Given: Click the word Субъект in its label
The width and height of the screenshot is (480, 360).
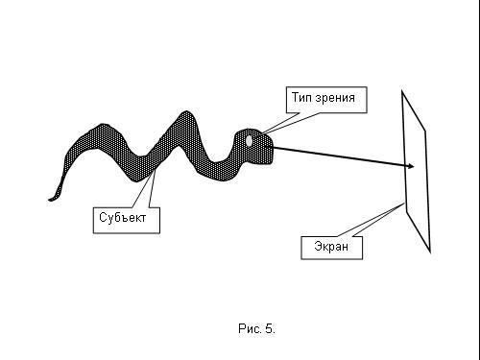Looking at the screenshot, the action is point(123,218).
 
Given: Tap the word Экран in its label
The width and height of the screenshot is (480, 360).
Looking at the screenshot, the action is point(331,247).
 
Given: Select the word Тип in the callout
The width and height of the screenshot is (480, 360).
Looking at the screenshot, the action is point(301,97).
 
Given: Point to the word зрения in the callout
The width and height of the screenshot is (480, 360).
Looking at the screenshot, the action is point(335,98).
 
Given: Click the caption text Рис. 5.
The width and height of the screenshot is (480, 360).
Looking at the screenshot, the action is point(256,328).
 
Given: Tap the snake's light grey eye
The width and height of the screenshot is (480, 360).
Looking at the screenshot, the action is point(249,141).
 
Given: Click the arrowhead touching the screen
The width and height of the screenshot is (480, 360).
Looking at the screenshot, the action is point(410,166).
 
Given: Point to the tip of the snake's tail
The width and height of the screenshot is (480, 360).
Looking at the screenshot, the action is point(50,200).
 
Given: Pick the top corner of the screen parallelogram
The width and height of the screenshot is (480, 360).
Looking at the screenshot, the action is point(402,91).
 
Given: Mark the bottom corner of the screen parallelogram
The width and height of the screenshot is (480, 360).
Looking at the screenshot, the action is point(430,252).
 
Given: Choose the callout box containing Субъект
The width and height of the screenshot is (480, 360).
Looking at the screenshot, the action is point(127,220).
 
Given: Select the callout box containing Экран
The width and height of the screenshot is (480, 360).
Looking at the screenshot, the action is point(332,248).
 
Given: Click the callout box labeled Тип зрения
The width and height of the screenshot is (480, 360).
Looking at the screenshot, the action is point(326,100).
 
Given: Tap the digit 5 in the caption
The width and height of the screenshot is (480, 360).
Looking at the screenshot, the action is point(269,328).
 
